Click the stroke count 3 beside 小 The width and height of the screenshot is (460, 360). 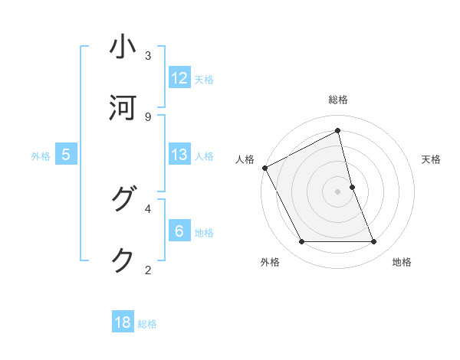point(148,56)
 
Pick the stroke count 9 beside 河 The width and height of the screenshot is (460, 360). point(148,117)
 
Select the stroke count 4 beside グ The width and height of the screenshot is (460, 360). point(148,208)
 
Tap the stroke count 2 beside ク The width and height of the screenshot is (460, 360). point(148,270)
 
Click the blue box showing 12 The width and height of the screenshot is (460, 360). point(179,78)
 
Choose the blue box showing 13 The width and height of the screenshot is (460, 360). point(179,155)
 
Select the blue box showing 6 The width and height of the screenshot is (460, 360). point(179,231)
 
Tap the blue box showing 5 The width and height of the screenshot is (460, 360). point(66,155)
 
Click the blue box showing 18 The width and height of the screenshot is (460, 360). point(123,322)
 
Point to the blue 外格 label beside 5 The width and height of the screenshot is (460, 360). point(41,155)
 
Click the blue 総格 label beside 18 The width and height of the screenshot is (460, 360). point(147,324)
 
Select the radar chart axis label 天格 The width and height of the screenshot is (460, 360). point(432,159)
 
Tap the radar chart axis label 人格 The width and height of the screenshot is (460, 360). point(245,159)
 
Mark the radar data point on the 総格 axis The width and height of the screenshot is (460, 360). point(338,131)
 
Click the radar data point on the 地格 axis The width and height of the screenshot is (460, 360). point(374,242)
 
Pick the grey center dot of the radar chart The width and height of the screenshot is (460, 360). point(338,191)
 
